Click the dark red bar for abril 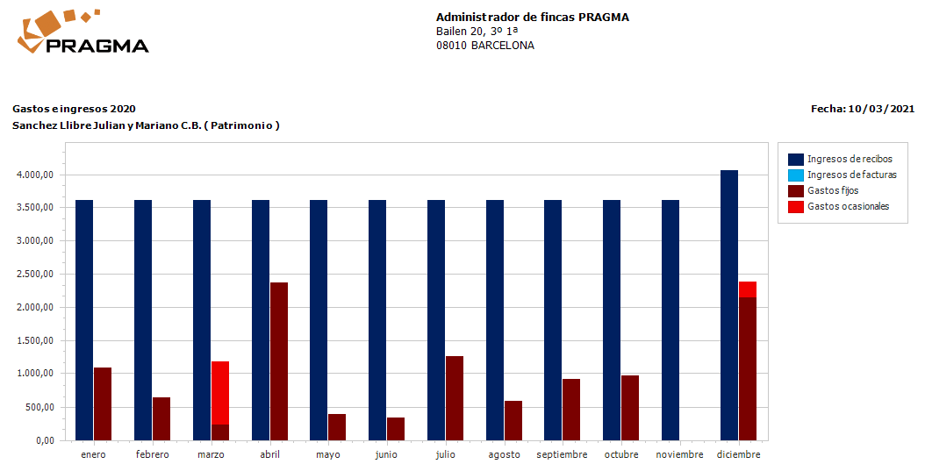click(279, 360)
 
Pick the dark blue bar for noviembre click(670, 319)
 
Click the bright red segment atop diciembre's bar click(748, 289)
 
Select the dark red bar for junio click(396, 428)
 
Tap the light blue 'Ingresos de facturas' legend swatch click(796, 175)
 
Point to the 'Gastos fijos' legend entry click(833, 190)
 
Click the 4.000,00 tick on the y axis click(36, 175)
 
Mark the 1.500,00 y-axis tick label click(36, 340)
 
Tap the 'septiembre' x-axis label click(562, 454)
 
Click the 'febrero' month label click(153, 454)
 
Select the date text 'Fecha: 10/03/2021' click(863, 109)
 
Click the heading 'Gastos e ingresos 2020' click(74, 109)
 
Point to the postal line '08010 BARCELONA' click(484, 46)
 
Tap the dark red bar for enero click(103, 403)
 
